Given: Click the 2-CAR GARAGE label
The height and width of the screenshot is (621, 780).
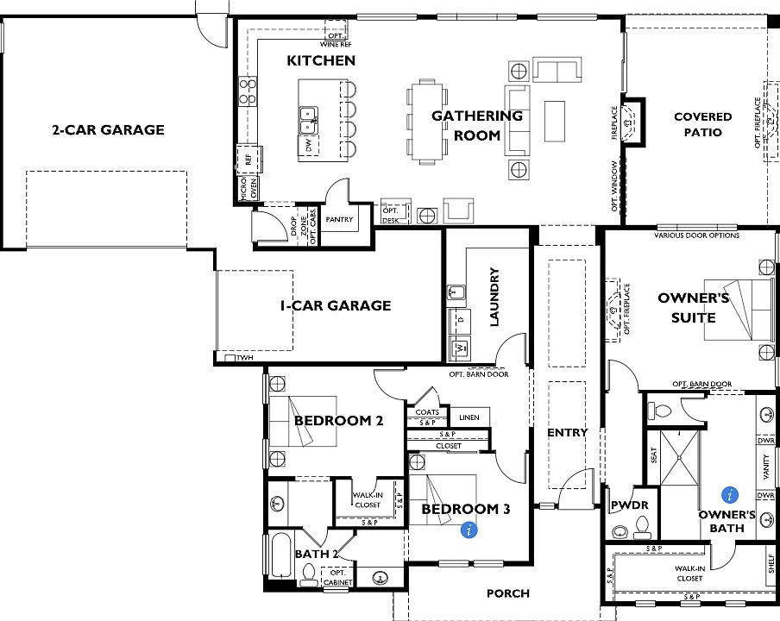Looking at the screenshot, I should pyautogui.click(x=108, y=130).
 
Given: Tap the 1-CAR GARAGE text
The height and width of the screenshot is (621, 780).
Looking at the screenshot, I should pyautogui.click(x=335, y=305).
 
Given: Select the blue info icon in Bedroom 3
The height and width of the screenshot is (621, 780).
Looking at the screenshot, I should pyautogui.click(x=469, y=530).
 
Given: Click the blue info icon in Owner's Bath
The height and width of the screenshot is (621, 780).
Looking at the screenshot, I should pyautogui.click(x=731, y=495).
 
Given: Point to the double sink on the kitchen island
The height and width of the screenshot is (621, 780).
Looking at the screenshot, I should pyautogui.click(x=306, y=114).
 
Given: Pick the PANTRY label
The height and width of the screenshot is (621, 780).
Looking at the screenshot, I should pyautogui.click(x=339, y=220).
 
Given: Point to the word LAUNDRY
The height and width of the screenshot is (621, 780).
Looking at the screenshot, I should pyautogui.click(x=494, y=298).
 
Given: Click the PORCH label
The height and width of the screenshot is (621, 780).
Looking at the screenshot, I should pyautogui.click(x=508, y=593).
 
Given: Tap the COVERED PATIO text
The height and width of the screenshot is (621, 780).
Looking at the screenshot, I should pyautogui.click(x=702, y=124).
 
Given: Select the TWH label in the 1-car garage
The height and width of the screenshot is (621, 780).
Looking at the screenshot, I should pyautogui.click(x=244, y=357).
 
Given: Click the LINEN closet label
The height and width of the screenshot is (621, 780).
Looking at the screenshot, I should pyautogui.click(x=469, y=417).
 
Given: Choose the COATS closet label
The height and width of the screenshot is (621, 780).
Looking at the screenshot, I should pyautogui.click(x=427, y=412).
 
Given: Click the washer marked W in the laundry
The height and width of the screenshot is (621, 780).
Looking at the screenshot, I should pyautogui.click(x=461, y=348).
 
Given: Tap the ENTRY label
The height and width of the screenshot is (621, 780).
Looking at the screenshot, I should pyautogui.click(x=568, y=432).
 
